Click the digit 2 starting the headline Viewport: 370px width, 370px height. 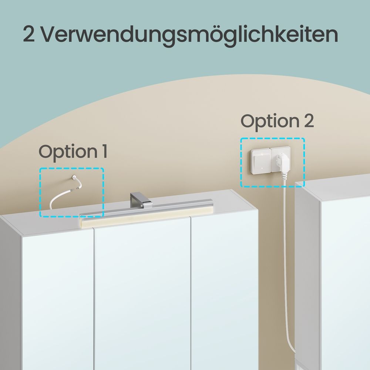(x=29, y=34)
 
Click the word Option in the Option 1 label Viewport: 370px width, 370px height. (x=65, y=152)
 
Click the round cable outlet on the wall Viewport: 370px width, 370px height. (x=74, y=178)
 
